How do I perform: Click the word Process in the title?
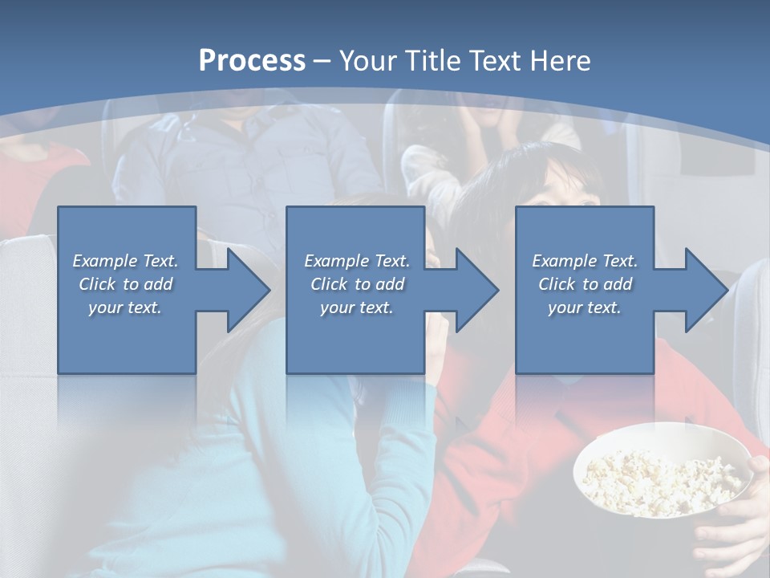(252, 61)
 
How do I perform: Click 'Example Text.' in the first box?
(125, 261)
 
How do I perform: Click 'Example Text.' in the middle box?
(357, 261)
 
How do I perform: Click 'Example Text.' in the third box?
(585, 261)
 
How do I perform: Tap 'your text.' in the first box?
(125, 307)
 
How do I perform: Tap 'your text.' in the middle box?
(357, 307)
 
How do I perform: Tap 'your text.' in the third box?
(585, 307)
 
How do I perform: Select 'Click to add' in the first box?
(125, 284)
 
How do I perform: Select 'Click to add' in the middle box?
(357, 284)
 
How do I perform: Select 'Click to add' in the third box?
(585, 284)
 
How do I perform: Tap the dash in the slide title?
(322, 61)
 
